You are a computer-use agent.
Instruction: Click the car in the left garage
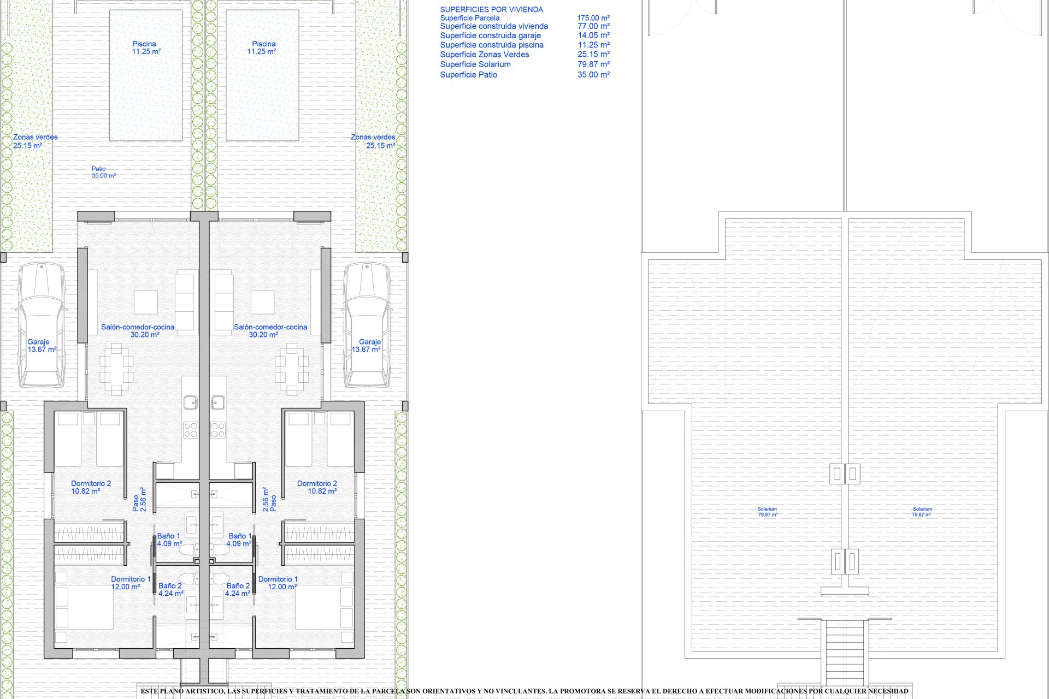(x=42, y=324)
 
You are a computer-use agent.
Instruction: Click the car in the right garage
(x=367, y=324)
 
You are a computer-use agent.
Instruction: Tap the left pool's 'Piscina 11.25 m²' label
(x=145, y=48)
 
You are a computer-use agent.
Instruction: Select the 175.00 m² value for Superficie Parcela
(x=593, y=18)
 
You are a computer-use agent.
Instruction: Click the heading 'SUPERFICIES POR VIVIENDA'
(x=491, y=9)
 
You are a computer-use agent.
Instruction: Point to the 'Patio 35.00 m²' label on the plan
(x=103, y=173)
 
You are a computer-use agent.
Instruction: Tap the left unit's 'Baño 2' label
(x=170, y=590)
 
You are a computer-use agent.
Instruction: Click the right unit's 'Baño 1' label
(x=240, y=540)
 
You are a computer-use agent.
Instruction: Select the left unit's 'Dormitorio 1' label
(x=130, y=583)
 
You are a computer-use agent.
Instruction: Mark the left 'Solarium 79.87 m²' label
(x=767, y=512)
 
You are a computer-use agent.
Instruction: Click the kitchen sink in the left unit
(x=190, y=403)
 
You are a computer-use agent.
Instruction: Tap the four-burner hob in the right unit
(x=218, y=430)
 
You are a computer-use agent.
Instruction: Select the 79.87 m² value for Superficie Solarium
(x=593, y=64)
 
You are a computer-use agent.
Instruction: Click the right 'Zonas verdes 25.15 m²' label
(x=374, y=141)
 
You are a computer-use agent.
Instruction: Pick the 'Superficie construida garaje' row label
(x=490, y=35)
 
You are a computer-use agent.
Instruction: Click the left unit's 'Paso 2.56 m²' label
(x=139, y=499)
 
